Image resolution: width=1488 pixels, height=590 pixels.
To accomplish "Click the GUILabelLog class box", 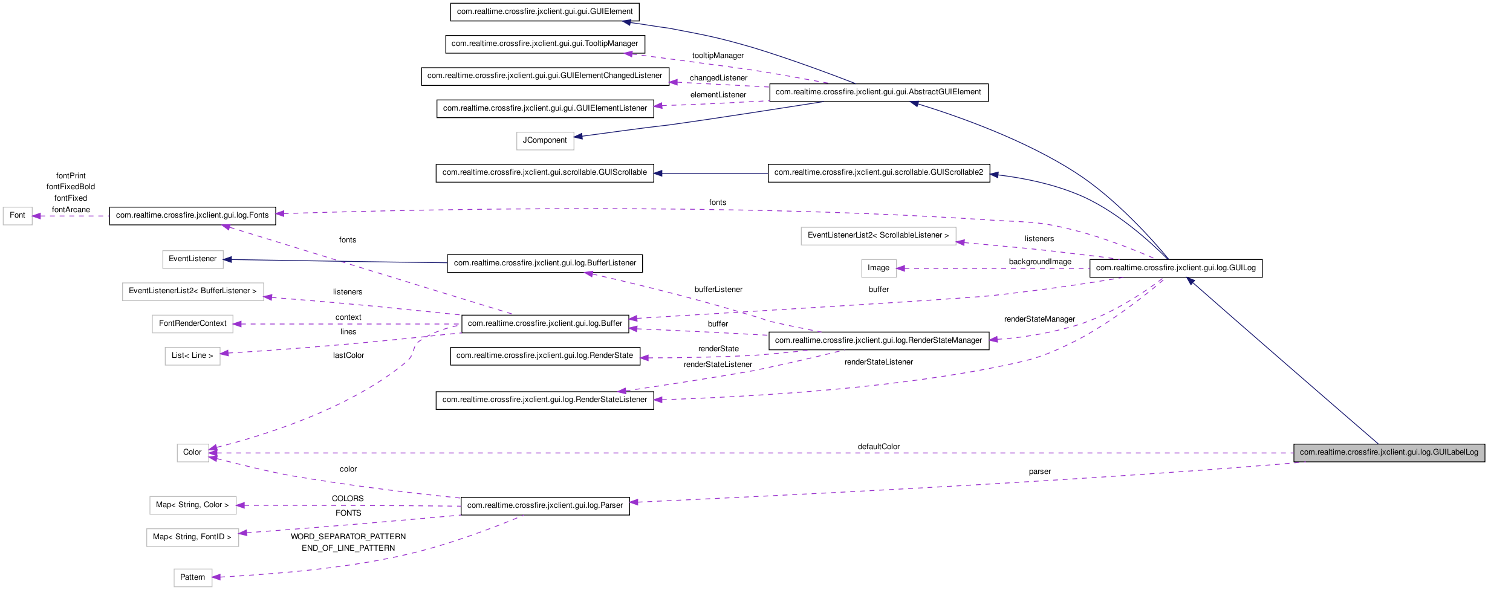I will coord(1389,453).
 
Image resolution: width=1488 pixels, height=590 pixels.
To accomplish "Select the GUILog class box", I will coord(1175,268).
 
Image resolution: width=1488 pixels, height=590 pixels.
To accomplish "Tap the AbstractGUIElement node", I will coord(878,92).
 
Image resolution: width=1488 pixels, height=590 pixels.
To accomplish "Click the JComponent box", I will coord(545,141).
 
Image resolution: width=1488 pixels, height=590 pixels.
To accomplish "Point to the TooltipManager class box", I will coord(545,44).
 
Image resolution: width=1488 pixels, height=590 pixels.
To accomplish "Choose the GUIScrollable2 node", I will coord(879,173).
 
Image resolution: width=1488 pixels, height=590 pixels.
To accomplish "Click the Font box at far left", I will coord(18,216).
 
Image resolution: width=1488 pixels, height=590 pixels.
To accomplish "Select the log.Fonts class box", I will coord(192,216).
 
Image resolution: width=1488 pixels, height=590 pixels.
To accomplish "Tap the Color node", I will coord(192,453).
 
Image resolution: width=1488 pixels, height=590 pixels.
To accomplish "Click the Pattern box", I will coord(192,578).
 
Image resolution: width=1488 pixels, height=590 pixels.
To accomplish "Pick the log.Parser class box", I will coord(545,506).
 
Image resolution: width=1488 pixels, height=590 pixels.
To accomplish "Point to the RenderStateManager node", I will coord(879,341).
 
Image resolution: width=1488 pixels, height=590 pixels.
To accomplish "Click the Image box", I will coord(879,268).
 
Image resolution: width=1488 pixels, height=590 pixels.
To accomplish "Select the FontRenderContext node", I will coord(192,324).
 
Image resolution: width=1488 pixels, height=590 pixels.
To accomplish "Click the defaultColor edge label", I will coord(879,447).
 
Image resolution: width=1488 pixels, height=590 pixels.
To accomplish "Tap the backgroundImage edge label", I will coord(1040,262).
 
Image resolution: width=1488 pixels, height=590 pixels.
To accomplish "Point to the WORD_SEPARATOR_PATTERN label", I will coord(348,537).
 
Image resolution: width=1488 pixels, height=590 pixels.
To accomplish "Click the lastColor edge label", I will coord(348,355).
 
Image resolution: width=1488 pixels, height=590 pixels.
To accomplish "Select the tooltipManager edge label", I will coord(718,56).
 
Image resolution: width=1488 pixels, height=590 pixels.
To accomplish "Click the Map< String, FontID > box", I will coord(192,537).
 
